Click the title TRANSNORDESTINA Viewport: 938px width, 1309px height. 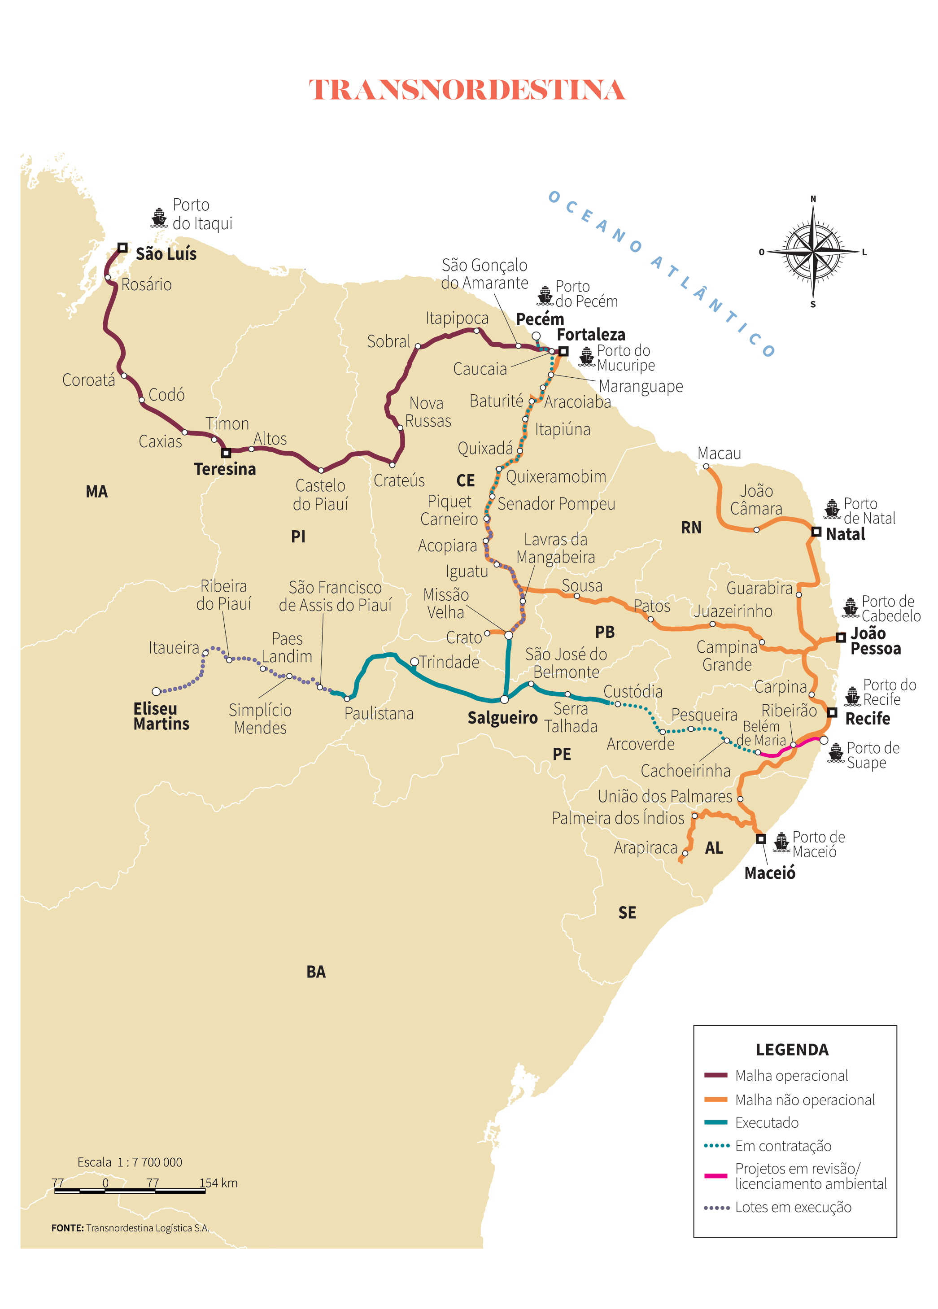(x=467, y=90)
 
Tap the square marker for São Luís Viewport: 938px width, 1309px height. (x=122, y=248)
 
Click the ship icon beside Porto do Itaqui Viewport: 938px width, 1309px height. (x=159, y=218)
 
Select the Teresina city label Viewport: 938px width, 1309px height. (x=225, y=469)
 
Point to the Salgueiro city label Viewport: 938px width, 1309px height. (x=502, y=718)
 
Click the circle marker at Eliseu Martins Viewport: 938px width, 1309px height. (x=156, y=691)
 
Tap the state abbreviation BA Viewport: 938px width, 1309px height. (x=316, y=972)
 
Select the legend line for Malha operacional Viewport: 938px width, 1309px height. (x=715, y=1075)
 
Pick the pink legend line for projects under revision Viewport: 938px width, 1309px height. (x=715, y=1176)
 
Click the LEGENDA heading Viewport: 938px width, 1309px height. (x=792, y=1050)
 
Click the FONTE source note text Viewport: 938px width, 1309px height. (x=130, y=1228)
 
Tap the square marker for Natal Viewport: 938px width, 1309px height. (x=816, y=531)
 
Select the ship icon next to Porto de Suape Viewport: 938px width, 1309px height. (x=835, y=753)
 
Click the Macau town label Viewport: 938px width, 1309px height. (x=719, y=454)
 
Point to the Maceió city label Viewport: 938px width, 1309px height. (x=769, y=873)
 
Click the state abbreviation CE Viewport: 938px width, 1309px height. (x=465, y=481)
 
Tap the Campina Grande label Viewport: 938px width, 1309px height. (x=727, y=656)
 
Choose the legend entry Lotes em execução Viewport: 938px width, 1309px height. (x=793, y=1207)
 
